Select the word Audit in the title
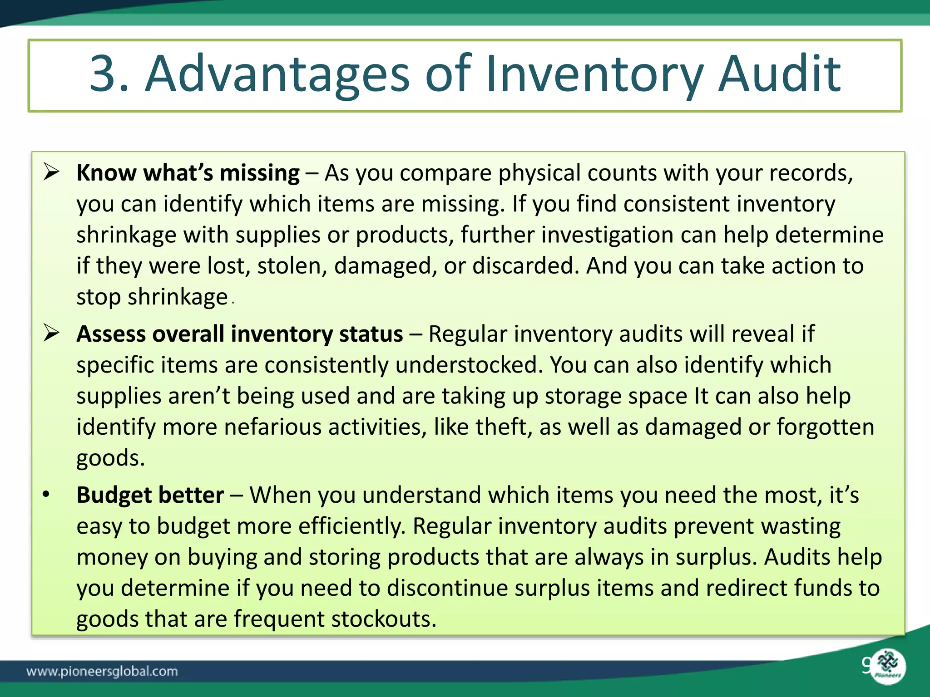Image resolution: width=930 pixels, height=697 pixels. pos(779,74)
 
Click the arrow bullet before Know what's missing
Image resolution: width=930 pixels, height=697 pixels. pos(52,172)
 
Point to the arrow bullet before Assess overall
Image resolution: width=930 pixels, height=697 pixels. pos(52,334)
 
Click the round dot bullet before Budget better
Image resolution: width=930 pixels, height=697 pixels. pos(46,495)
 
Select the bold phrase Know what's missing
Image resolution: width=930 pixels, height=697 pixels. pos(188,173)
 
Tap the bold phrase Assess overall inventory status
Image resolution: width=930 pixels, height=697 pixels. pos(239,334)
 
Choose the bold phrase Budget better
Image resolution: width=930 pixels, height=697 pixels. pos(150,495)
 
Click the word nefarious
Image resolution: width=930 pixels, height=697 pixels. pos(272,427)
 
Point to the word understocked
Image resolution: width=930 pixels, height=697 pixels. pos(466,365)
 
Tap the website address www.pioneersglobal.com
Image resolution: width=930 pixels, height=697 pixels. pos(102,671)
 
